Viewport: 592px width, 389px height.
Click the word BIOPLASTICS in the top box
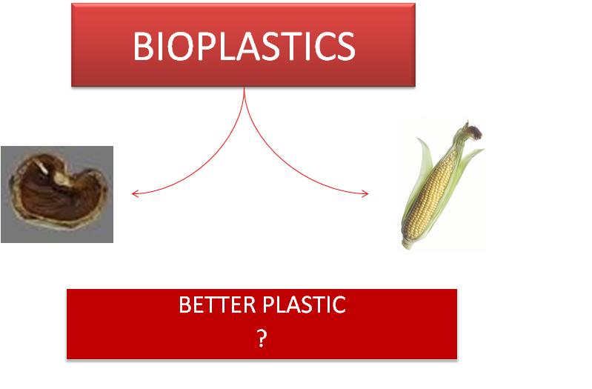click(244, 47)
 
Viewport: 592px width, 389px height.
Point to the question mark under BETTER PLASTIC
click(262, 338)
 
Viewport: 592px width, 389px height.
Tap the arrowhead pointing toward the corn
click(366, 194)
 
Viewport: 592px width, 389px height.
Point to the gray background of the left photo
click(100, 230)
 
